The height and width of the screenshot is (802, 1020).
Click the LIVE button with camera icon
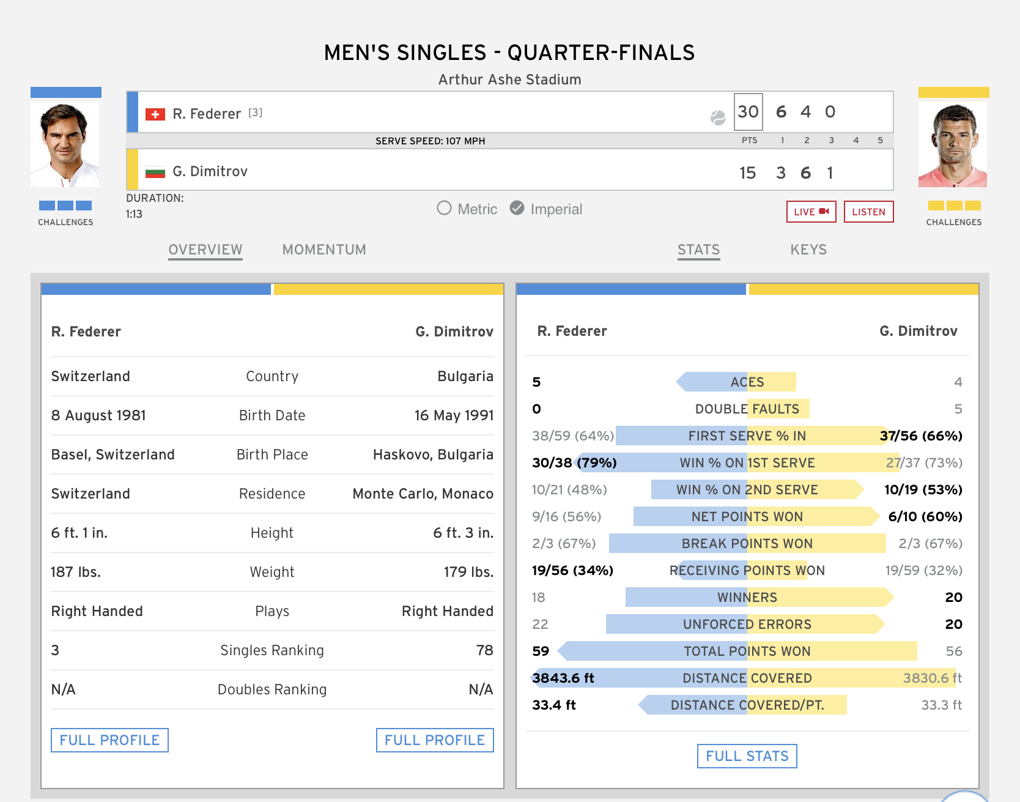811,212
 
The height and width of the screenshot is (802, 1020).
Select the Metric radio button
445,209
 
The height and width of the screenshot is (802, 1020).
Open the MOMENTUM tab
324,250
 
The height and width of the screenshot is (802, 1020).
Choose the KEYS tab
808,250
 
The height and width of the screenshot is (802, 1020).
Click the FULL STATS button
747,756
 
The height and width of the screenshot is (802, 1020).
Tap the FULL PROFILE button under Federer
109,740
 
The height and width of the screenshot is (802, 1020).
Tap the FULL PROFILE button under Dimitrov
435,740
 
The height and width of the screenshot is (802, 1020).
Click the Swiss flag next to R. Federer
155,114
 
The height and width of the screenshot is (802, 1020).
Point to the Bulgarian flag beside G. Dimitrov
155,173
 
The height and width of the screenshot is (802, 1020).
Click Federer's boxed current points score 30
748,112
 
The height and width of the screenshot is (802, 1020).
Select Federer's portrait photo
65,144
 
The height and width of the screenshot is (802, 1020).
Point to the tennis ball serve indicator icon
718,117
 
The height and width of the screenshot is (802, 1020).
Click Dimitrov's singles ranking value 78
484,650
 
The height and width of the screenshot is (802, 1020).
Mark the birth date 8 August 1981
98,415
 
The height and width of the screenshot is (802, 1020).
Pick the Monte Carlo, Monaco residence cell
423,494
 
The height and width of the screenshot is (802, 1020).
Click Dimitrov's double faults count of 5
958,409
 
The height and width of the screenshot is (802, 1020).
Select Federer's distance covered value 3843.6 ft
563,678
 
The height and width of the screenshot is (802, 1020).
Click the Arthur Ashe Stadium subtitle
509,80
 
